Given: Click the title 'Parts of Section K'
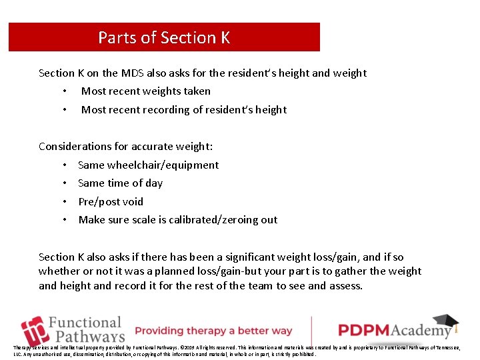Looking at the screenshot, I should [164, 37].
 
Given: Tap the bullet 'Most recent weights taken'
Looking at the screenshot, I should [145, 91].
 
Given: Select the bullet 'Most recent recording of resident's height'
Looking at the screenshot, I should [183, 109].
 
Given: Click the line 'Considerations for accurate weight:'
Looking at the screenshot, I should [126, 146].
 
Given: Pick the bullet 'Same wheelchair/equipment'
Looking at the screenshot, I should [148, 165].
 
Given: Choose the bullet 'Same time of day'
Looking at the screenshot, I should [120, 183].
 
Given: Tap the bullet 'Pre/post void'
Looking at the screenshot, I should [111, 201].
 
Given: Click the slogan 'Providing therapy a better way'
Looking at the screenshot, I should [213, 331].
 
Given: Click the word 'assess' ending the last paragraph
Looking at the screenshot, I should [346, 285].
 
